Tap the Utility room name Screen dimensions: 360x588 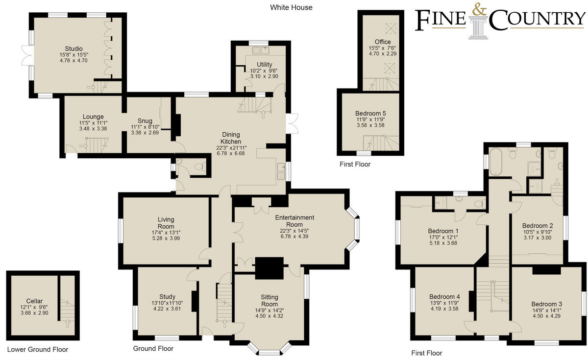pos(264,65)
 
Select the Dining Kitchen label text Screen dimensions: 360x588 pos(231,138)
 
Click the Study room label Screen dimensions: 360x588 pos(167,296)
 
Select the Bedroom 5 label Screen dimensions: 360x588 pos(370,113)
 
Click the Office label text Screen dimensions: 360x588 pos(383,42)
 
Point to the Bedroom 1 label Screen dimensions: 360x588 pos(443,231)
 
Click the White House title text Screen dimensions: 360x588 pos(291,7)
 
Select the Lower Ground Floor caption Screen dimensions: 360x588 pos(38,349)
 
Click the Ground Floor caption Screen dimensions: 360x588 pos(153,349)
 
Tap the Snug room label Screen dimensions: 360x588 pos(145,121)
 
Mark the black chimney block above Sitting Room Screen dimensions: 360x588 pos(269,267)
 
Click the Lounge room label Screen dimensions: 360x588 pos(93,117)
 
